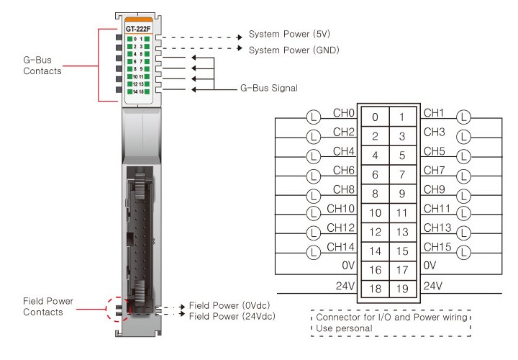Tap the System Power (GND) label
(x=294, y=50)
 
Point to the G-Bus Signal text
(x=268, y=89)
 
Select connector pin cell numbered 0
(x=375, y=117)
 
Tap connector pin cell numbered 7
(x=402, y=174)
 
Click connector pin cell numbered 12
(x=375, y=232)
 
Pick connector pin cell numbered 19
(x=402, y=289)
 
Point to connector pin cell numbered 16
(x=375, y=270)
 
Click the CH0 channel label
(x=345, y=113)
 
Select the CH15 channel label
(x=436, y=247)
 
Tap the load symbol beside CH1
(x=464, y=115)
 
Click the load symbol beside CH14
(x=313, y=252)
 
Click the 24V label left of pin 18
(x=346, y=286)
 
